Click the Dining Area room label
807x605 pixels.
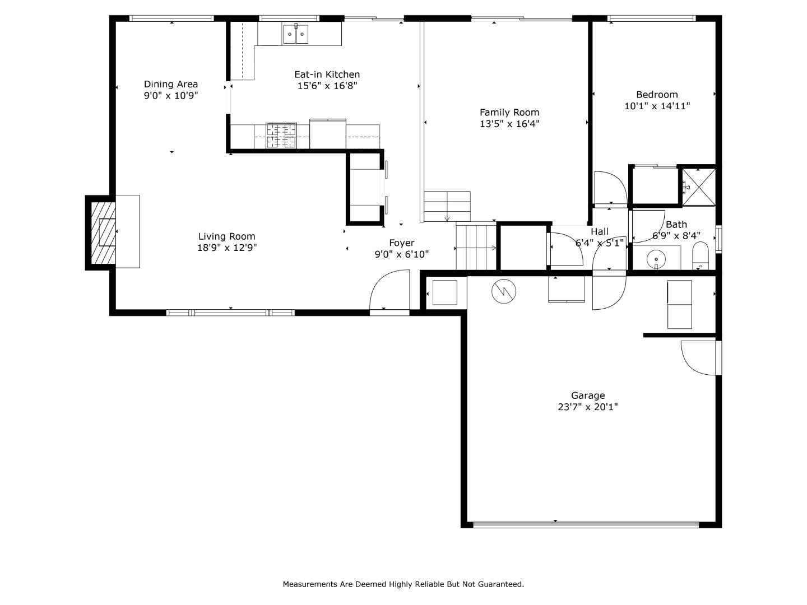pos(171,84)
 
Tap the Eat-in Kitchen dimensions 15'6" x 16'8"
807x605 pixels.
pos(327,86)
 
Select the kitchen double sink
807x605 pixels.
pos(295,35)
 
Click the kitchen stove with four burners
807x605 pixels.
pos(281,136)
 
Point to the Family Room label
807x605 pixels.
pos(509,112)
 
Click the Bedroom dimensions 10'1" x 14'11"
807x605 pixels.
pos(657,106)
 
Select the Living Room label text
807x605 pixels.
pos(226,236)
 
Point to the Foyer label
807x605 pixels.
pos(402,243)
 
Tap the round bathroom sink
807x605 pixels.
pos(655,259)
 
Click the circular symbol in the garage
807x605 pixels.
pos(504,291)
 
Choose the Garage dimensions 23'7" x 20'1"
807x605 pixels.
pos(588,407)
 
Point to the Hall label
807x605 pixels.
pos(599,231)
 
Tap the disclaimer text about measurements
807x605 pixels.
pos(403,584)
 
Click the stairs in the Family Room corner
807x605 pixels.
pos(447,206)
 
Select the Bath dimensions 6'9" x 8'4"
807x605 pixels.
pos(676,236)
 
